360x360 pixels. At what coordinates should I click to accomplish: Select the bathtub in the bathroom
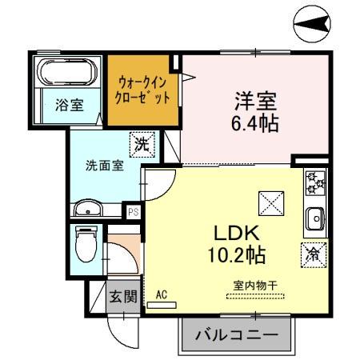coord(67,73)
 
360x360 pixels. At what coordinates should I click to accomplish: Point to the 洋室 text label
coord(254,102)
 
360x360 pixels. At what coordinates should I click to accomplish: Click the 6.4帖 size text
coord(255,126)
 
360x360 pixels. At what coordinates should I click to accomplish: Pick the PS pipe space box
coord(133,211)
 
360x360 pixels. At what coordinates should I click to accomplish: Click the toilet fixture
coord(84,244)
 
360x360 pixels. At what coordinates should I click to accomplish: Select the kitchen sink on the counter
coord(314,217)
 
